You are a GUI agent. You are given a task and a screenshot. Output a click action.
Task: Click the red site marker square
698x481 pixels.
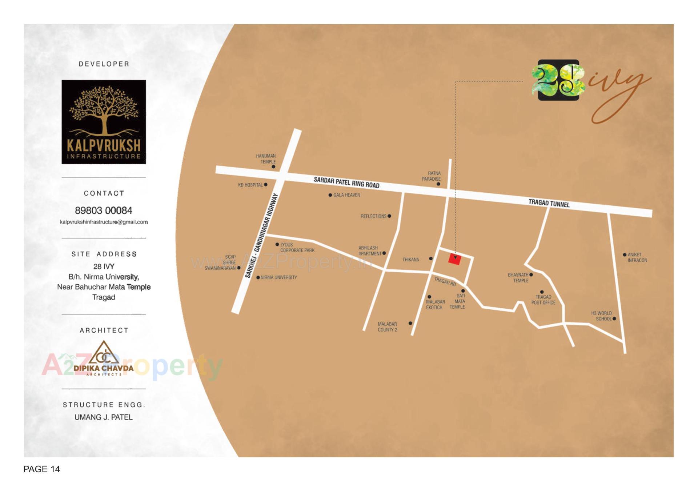tap(454, 259)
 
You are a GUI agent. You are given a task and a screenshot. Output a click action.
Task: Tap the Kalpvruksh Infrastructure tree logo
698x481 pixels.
tap(104, 122)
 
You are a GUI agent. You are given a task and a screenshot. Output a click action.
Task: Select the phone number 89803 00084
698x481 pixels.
tap(104, 211)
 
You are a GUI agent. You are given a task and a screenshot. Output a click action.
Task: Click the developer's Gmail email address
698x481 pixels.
tap(104, 222)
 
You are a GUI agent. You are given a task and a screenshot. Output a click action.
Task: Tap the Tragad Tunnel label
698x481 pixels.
tap(549, 203)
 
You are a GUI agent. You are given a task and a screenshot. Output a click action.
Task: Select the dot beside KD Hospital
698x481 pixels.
tap(266, 185)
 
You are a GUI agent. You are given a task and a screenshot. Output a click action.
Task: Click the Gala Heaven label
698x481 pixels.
tap(346, 195)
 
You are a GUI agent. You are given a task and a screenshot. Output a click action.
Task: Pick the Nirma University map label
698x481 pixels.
tap(278, 277)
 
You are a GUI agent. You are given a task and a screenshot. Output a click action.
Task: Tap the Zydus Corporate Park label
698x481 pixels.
tap(297, 248)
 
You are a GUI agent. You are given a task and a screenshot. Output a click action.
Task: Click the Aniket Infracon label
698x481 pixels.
tap(637, 257)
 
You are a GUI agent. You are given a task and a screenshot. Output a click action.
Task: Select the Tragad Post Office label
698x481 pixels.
tap(543, 300)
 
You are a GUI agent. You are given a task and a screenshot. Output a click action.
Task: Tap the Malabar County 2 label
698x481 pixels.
tap(387, 327)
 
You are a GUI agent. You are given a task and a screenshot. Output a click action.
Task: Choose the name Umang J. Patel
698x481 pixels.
tap(104, 417)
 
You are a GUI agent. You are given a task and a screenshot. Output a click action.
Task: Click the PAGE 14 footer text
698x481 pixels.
tap(41, 469)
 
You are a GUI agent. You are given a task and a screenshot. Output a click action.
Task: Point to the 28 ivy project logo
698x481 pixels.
tap(589, 87)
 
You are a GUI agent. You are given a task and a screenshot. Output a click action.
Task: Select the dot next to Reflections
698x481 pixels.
tap(389, 216)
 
